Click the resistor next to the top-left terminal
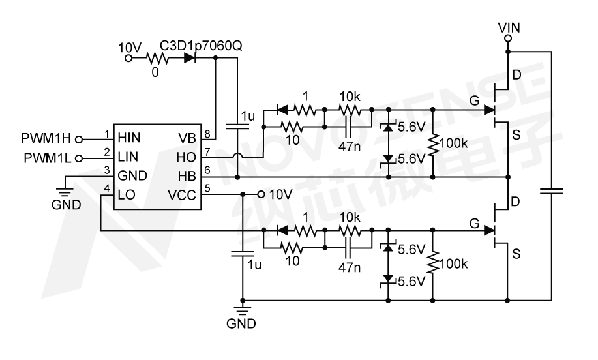[x=157, y=59]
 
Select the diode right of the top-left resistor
[x=190, y=58]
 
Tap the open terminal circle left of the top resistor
[x=128, y=58]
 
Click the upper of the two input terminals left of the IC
[x=79, y=140]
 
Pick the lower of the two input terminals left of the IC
[x=79, y=158]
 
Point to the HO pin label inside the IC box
[x=186, y=157]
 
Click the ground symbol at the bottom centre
[x=243, y=310]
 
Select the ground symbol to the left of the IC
[x=64, y=192]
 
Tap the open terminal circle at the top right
[x=508, y=38]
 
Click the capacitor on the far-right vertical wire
[x=552, y=192]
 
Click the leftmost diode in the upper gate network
[x=282, y=110]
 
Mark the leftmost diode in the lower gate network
[x=282, y=230]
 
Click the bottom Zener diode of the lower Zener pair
[x=388, y=280]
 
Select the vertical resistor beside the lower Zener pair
[x=432, y=262]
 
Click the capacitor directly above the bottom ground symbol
[x=243, y=254]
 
